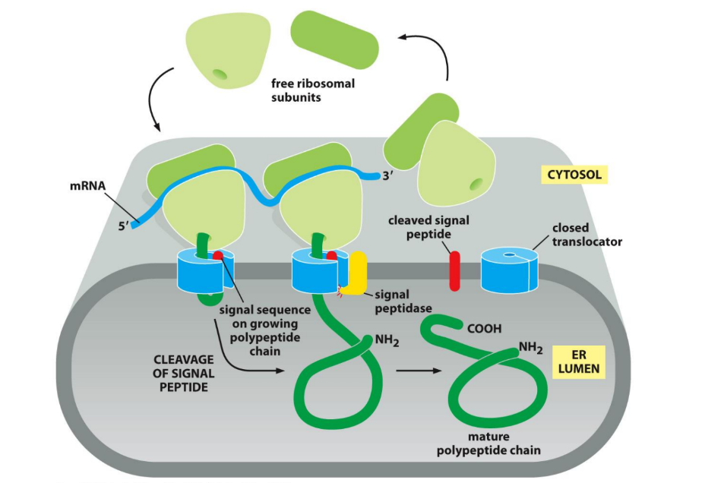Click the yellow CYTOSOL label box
[x=574, y=175]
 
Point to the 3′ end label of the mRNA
[x=392, y=176]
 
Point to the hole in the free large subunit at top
[x=219, y=74]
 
